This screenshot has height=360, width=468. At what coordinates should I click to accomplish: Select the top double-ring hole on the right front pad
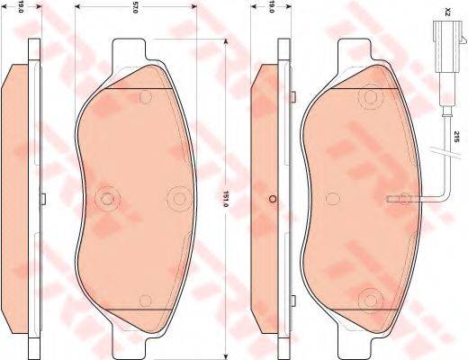pyautogui.click(x=369, y=99)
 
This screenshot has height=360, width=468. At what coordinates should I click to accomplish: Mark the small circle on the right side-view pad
pyautogui.click(x=272, y=199)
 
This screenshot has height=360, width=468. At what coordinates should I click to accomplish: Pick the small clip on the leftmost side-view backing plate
pyautogui.click(x=42, y=198)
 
